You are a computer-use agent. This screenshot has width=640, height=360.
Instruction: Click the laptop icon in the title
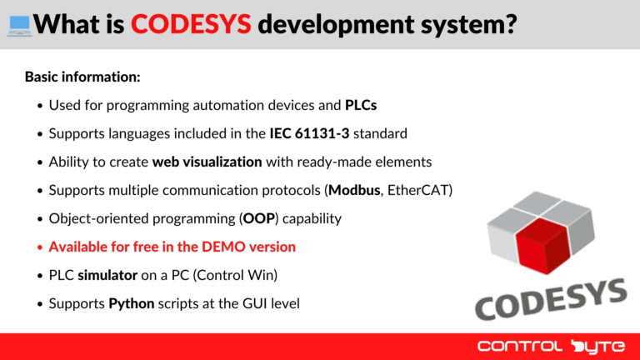pyautogui.click(x=18, y=25)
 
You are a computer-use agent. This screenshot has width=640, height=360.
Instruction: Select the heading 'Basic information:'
pyautogui.click(x=82, y=77)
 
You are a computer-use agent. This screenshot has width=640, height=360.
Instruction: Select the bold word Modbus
pyautogui.click(x=354, y=190)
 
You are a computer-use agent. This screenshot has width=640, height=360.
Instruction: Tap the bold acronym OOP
pyautogui.click(x=256, y=218)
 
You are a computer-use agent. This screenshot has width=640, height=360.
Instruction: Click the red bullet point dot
pyautogui.click(x=39, y=247)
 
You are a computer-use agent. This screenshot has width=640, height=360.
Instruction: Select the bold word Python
pyautogui.click(x=131, y=303)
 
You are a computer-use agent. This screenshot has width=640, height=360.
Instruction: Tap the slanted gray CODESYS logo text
pyautogui.click(x=550, y=300)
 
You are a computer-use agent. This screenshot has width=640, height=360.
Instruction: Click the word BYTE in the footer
pyautogui.click(x=592, y=346)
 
